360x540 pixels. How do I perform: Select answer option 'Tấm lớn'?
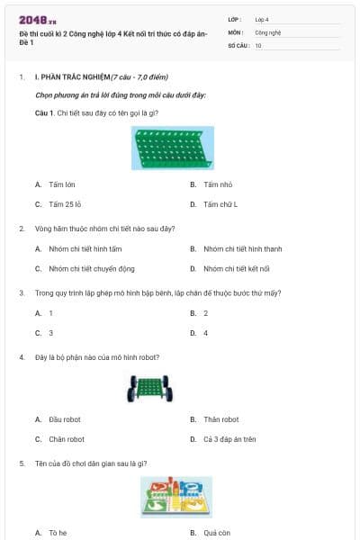62,184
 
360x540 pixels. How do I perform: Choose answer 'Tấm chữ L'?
220,204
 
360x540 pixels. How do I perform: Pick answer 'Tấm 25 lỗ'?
66,204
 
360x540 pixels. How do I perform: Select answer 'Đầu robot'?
65,419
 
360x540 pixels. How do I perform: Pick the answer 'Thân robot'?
220,419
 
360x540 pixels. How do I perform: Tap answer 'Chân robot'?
67,439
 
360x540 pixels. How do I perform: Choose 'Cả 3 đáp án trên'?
229,439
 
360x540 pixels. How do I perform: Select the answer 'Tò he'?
58,533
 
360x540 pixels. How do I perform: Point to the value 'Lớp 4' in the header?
262,19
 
